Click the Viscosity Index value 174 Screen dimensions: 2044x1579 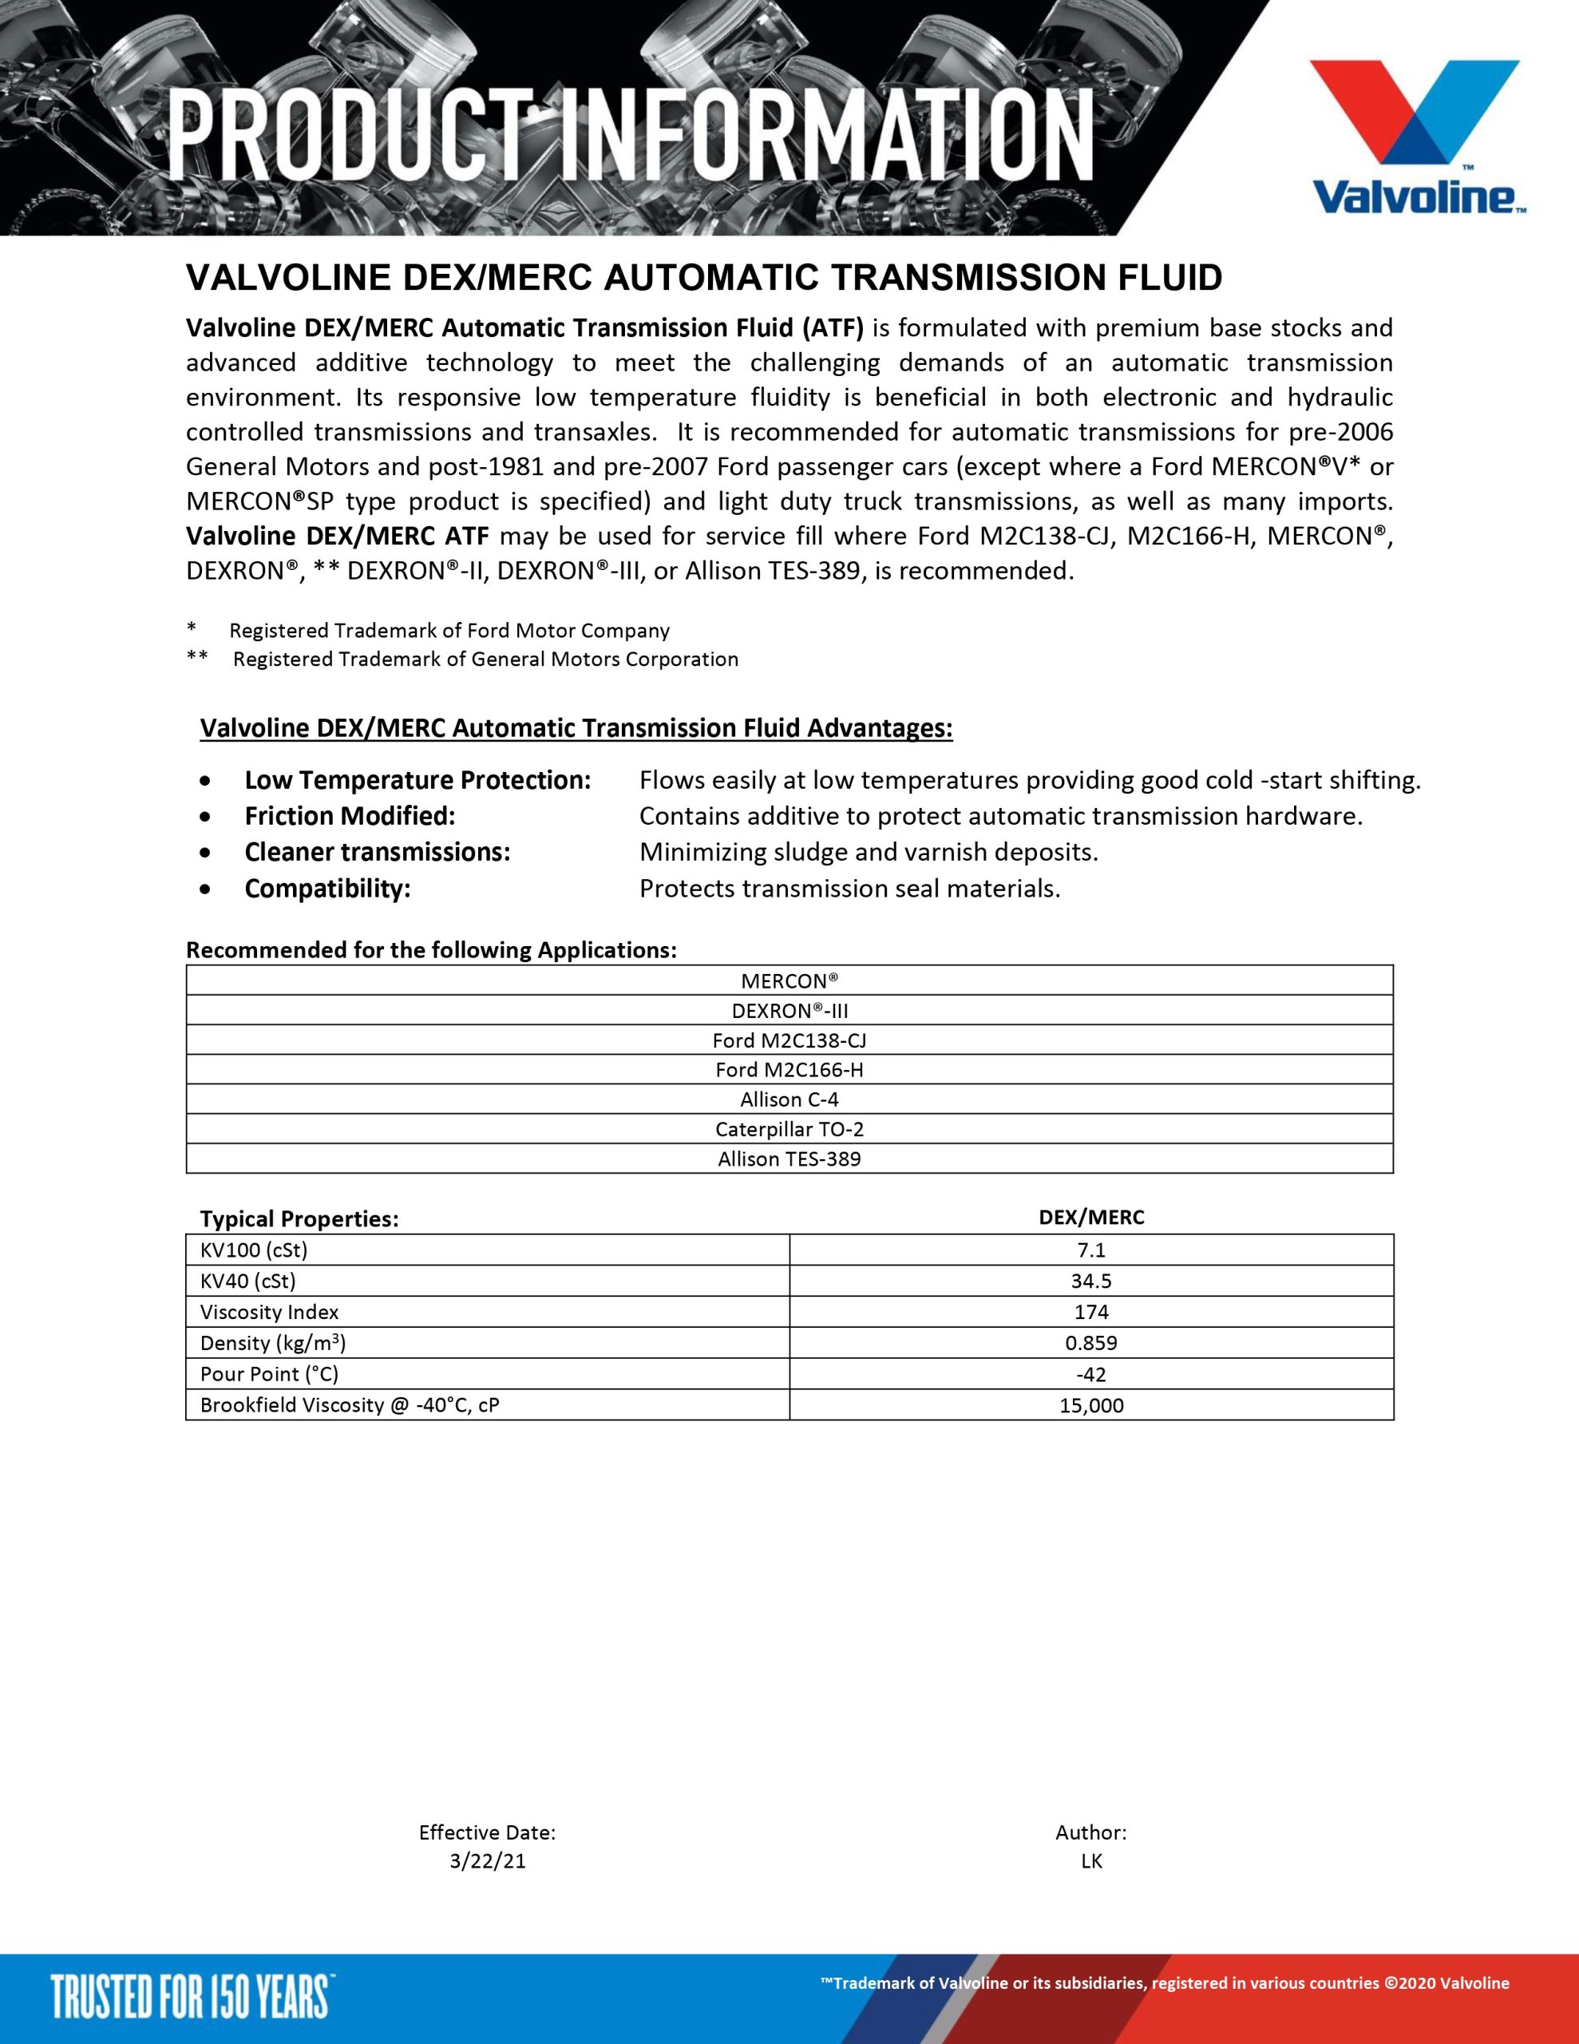click(x=1091, y=1312)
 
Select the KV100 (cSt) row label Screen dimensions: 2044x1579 click(x=254, y=1250)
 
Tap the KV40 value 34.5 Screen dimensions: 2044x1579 click(x=1091, y=1281)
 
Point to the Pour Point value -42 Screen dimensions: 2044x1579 click(x=1091, y=1375)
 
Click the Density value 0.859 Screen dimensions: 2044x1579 click(x=1091, y=1343)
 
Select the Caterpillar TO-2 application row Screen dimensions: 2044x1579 click(x=789, y=1130)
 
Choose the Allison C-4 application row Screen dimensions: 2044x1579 click(x=789, y=1099)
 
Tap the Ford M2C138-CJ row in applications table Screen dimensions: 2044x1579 click(x=789, y=1040)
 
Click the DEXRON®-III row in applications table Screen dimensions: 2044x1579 click(x=789, y=1011)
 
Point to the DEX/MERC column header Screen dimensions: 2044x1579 click(x=1091, y=1218)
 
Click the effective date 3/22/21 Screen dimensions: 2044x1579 click(x=488, y=1861)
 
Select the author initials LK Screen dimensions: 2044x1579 click(x=1091, y=1861)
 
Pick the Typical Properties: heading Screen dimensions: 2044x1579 click(x=299, y=1219)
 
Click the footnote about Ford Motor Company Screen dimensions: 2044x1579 click(x=449, y=631)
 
